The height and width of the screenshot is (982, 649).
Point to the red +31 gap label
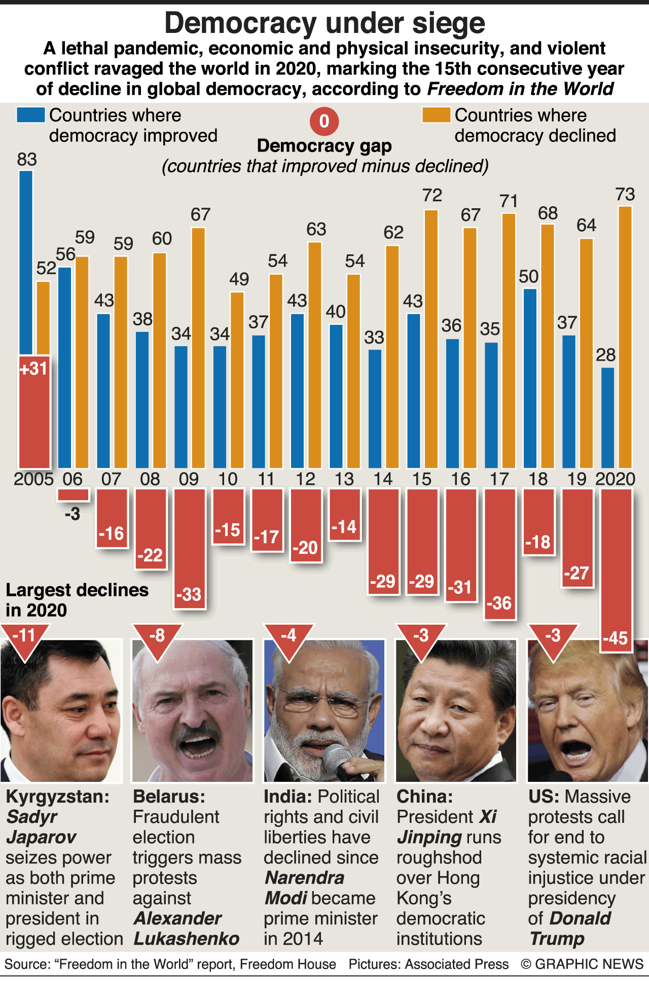click(33, 368)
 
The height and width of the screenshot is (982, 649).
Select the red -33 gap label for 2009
click(189, 594)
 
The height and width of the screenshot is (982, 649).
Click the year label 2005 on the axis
click(33, 479)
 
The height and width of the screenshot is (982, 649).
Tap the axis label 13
click(344, 479)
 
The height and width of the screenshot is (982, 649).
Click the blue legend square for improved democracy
click(30, 115)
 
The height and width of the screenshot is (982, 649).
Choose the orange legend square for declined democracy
click(436, 115)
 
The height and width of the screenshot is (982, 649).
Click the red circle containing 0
click(324, 122)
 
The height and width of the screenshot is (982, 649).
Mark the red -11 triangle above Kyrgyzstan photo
click(25, 638)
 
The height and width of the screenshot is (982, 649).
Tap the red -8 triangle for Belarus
click(157, 638)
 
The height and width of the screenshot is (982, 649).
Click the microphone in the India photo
click(339, 760)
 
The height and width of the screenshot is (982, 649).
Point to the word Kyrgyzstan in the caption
click(57, 797)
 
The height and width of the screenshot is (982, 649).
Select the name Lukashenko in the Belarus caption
click(187, 938)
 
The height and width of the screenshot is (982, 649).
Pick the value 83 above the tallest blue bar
click(27, 160)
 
